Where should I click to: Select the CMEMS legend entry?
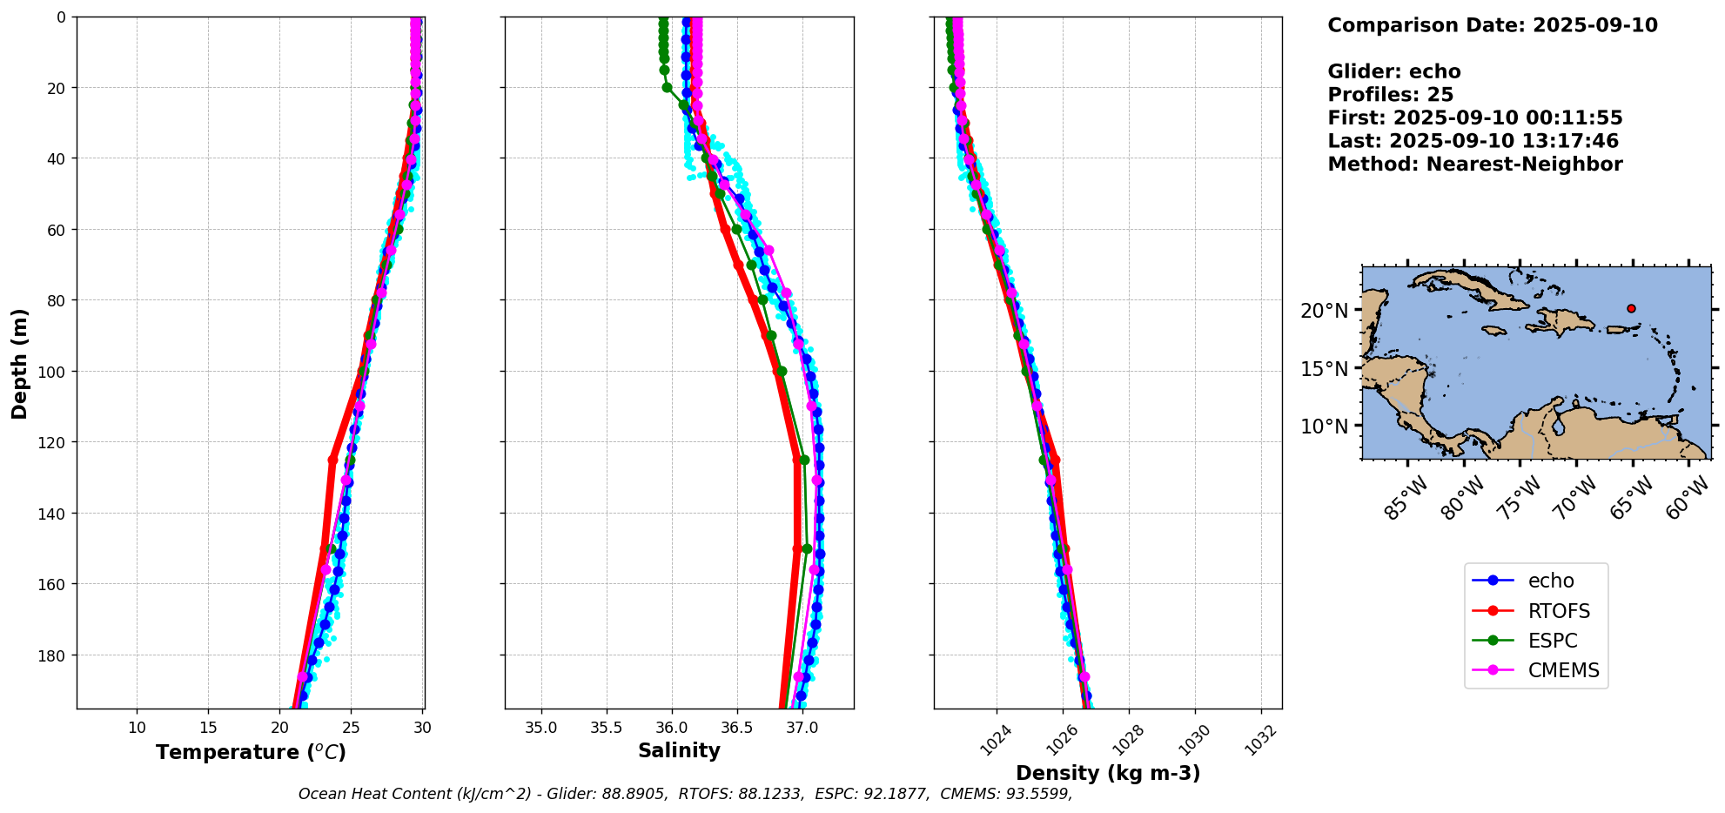(x=1563, y=670)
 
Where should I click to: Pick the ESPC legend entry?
(x=1552, y=641)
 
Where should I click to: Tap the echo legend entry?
(x=1551, y=581)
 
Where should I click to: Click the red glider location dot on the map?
(x=1631, y=308)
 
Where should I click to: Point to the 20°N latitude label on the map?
(x=1324, y=311)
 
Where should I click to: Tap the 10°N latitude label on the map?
(x=1324, y=427)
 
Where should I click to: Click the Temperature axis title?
(x=251, y=752)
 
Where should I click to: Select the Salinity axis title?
(x=679, y=750)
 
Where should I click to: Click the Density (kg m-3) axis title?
(x=1108, y=773)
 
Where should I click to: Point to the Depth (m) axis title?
(x=19, y=363)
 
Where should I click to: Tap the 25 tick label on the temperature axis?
(x=351, y=728)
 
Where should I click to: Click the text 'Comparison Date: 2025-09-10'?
(x=1492, y=25)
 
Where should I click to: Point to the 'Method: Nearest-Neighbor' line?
(x=1474, y=165)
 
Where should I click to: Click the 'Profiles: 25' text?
(x=1390, y=95)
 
